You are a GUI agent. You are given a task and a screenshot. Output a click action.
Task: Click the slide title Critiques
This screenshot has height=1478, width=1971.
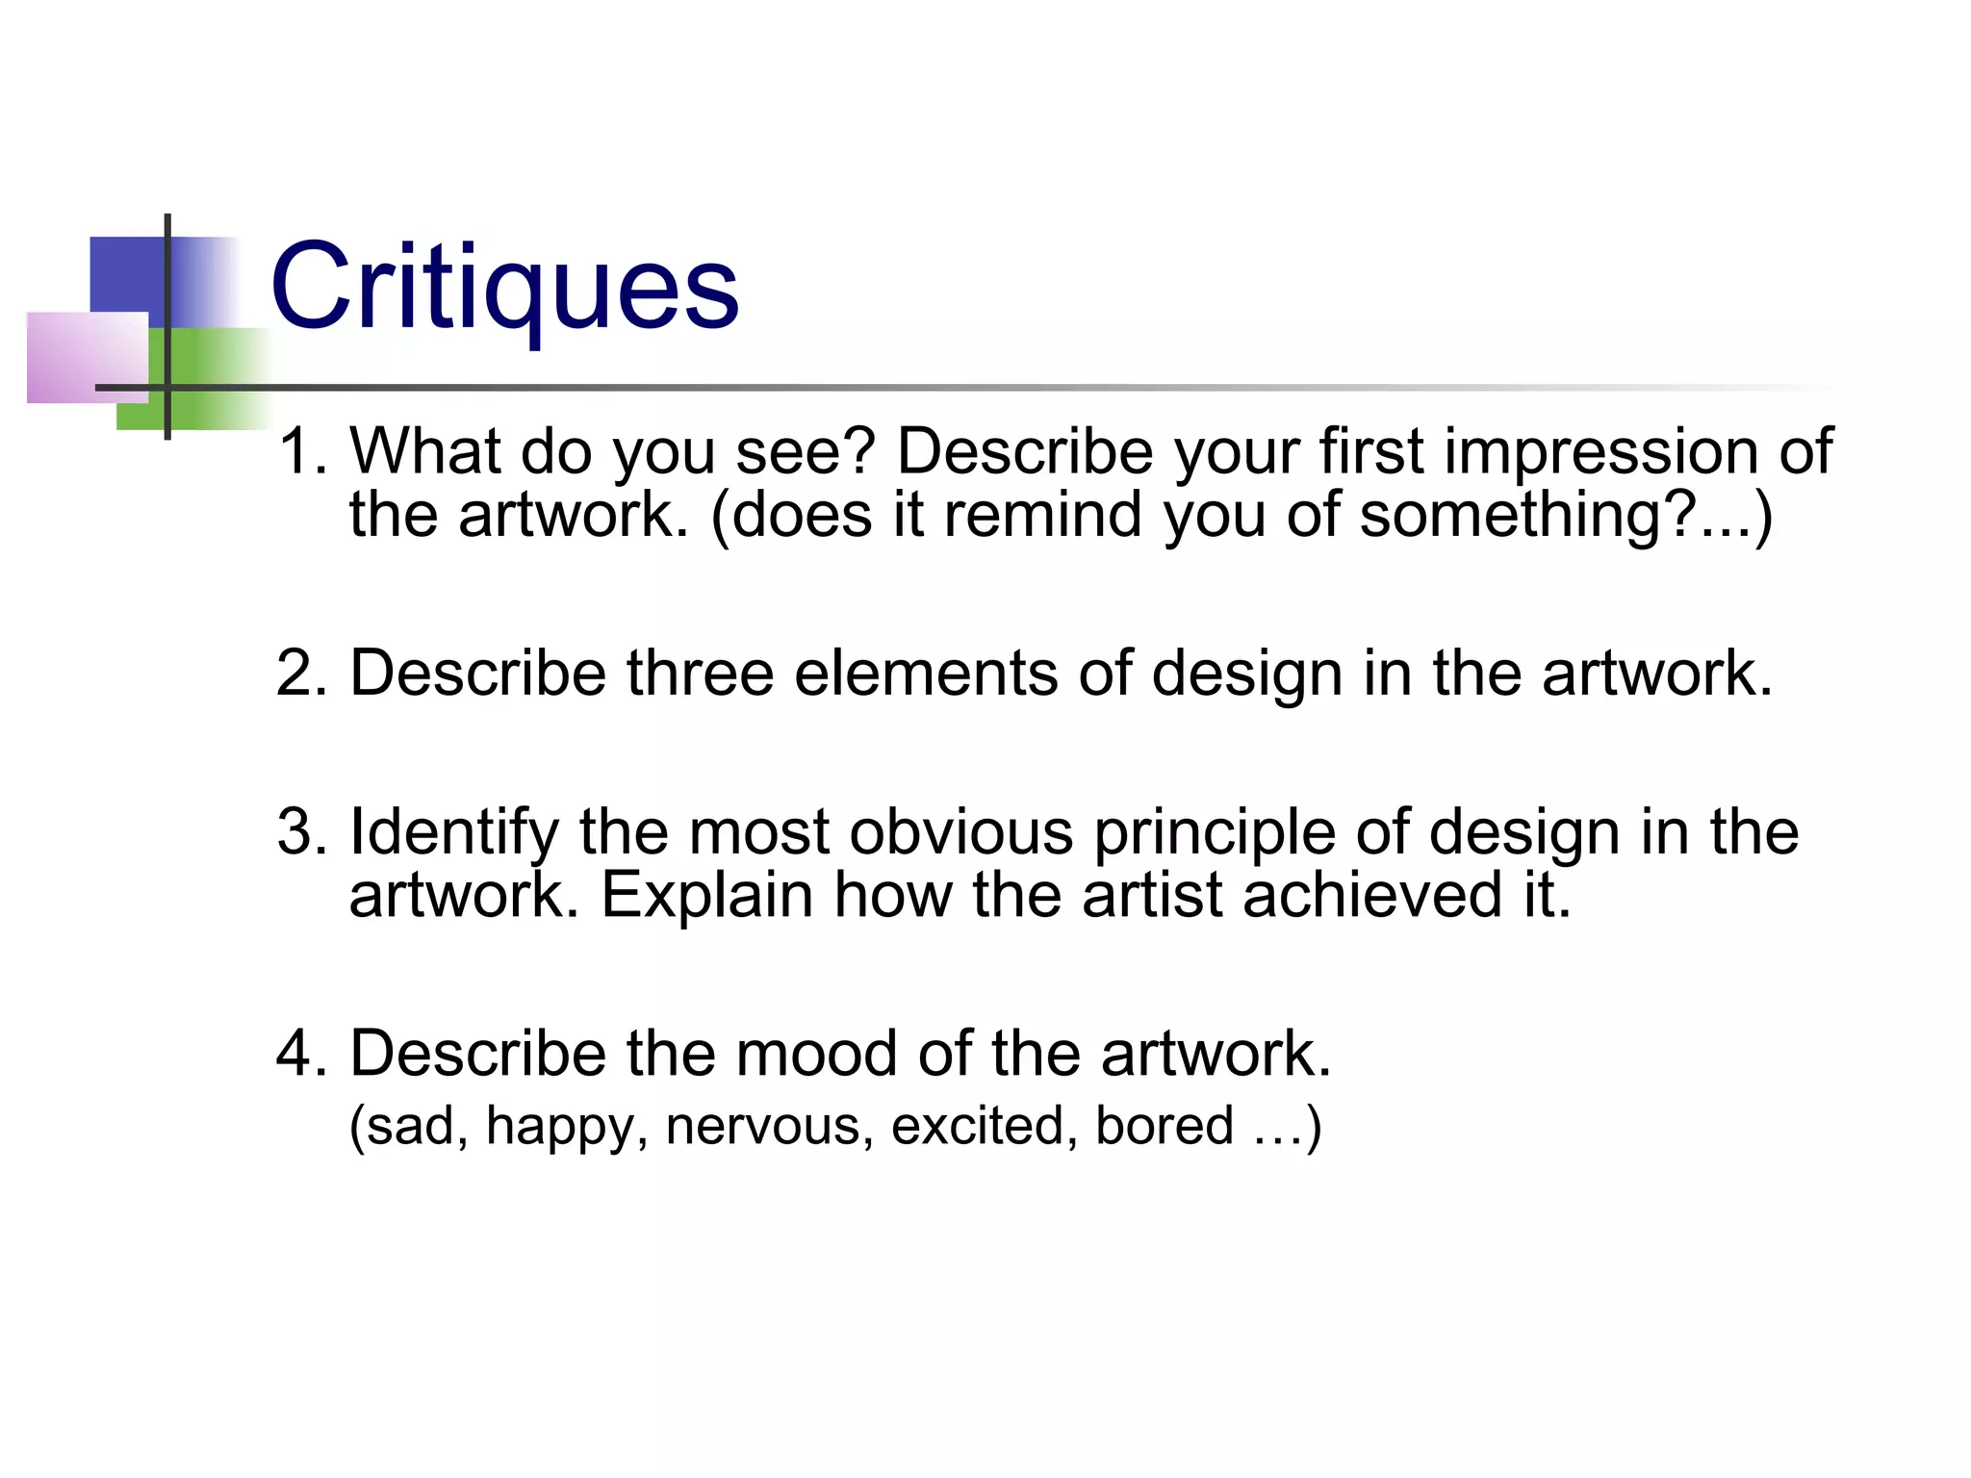(505, 287)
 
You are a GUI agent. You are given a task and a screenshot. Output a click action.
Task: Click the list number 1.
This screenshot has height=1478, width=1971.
(301, 451)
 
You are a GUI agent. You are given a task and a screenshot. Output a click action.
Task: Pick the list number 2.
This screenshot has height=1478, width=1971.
(301, 673)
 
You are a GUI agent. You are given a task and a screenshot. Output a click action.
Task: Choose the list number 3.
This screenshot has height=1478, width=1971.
(301, 831)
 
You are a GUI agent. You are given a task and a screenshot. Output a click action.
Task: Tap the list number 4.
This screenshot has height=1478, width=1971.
(301, 1053)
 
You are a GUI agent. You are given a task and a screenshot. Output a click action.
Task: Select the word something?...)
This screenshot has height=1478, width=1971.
(1565, 516)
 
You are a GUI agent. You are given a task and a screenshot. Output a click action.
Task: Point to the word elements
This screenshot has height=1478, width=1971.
(925, 673)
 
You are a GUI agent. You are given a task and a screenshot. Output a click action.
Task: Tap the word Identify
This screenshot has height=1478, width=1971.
(453, 831)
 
